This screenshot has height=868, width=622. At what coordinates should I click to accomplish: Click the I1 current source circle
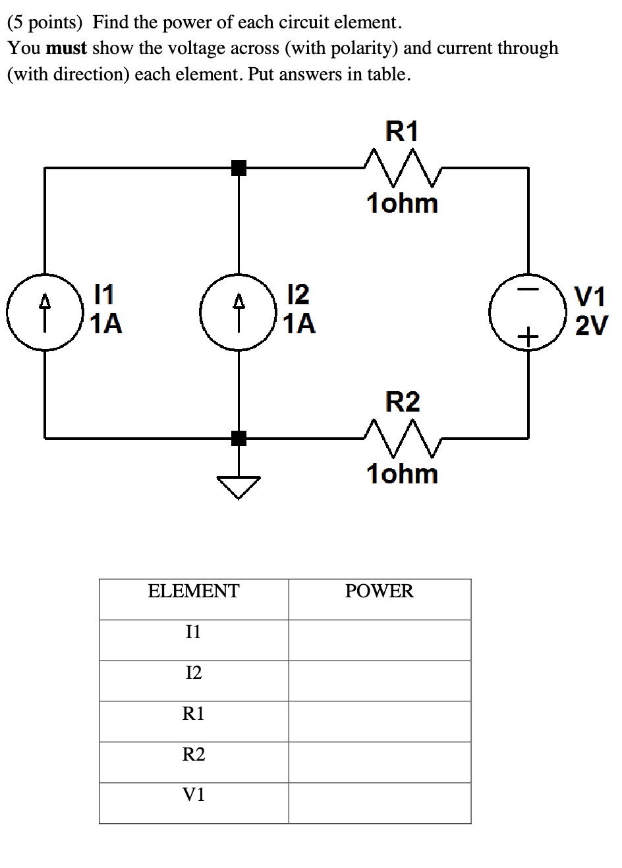(45, 312)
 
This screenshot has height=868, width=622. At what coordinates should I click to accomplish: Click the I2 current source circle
(239, 312)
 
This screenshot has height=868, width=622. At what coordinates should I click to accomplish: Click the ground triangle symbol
(239, 486)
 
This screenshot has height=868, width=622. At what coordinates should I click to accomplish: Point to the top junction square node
(239, 168)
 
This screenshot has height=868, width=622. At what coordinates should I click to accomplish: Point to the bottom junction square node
(239, 437)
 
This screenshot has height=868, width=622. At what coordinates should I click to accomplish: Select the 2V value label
(590, 325)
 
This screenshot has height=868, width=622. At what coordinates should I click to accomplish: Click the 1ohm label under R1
(402, 203)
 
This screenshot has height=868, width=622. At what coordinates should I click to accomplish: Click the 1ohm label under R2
(402, 474)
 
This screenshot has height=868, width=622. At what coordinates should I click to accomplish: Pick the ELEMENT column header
(194, 591)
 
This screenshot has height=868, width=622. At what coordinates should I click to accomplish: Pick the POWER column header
(380, 591)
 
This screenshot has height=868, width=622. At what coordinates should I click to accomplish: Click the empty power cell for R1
(380, 721)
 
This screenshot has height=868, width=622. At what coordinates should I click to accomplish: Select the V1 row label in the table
(194, 795)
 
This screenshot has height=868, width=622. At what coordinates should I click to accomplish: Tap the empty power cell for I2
(380, 680)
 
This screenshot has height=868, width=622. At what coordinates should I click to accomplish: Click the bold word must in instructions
(67, 48)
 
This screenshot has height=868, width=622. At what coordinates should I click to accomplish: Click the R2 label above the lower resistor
(402, 401)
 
